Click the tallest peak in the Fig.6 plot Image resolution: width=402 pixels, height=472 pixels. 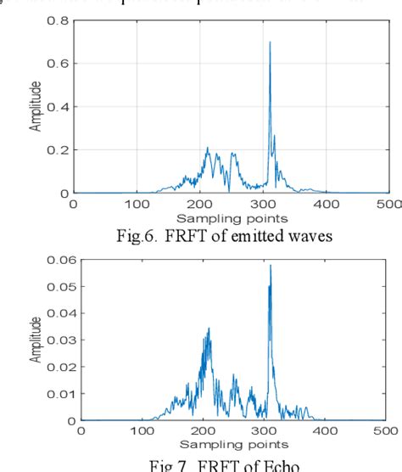pos(270,42)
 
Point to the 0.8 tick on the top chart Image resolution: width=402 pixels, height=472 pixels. pos(59,20)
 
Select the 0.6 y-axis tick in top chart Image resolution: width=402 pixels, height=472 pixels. pos(59,64)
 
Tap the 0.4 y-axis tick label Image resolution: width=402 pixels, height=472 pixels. pos(59,107)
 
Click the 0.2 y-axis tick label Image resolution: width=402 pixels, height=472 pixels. pos(59,150)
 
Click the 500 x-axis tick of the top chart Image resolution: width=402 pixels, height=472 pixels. pos(389,205)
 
